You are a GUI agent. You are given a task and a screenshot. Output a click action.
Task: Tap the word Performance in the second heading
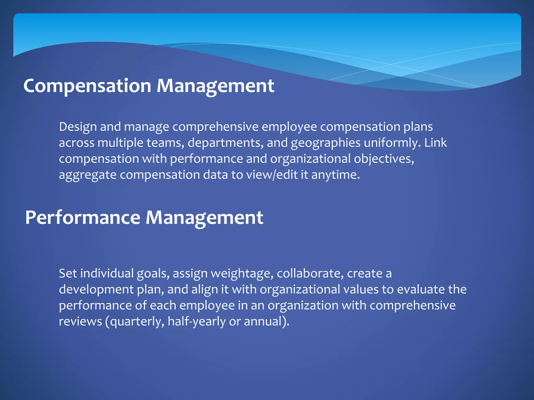[x=83, y=218]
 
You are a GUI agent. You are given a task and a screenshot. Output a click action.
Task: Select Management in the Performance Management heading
[x=204, y=218]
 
